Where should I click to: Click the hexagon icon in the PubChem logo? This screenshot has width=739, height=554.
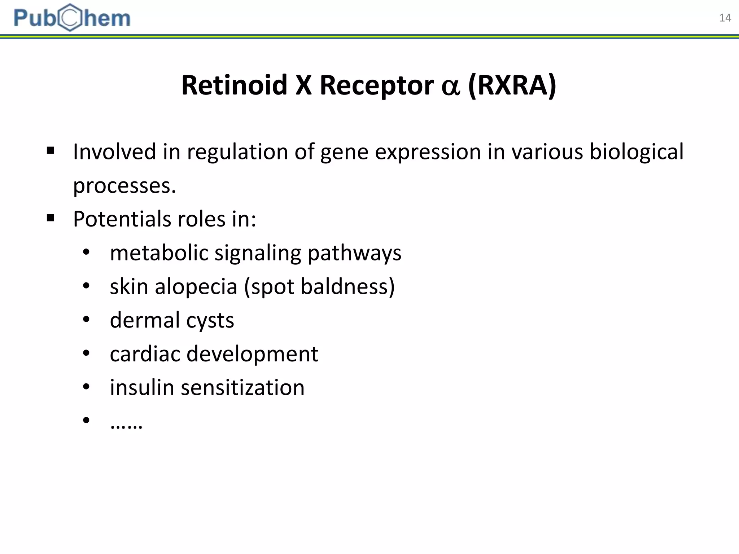pyautogui.click(x=70, y=18)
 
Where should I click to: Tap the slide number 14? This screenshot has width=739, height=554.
pyautogui.click(x=725, y=18)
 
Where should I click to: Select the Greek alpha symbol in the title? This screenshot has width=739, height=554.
pyautogui.click(x=451, y=87)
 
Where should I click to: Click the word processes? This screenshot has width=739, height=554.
pyautogui.click(x=124, y=186)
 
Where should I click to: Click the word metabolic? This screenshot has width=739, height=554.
pyautogui.click(x=159, y=252)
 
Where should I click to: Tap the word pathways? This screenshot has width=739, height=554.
pyautogui.click(x=354, y=253)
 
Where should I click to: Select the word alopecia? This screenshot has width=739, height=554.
pyautogui.click(x=196, y=287)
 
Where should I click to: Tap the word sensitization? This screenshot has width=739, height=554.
pyautogui.click(x=242, y=387)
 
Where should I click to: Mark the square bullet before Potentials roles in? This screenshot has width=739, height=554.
pyautogui.click(x=51, y=218)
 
